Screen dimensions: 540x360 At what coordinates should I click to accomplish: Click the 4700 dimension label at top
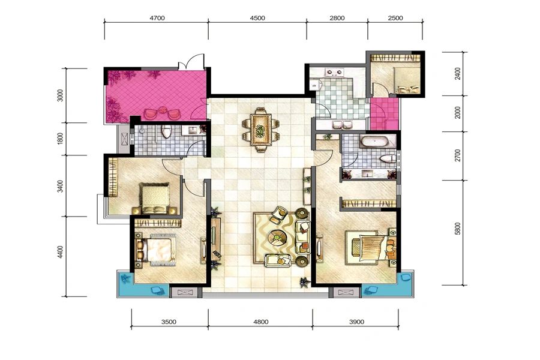(157, 18)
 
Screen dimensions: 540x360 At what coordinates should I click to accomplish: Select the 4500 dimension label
(257, 18)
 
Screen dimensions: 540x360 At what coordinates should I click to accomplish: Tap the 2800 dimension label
(337, 18)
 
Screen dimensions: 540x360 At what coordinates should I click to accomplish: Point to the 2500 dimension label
(395, 18)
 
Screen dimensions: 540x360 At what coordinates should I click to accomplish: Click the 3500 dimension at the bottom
(169, 322)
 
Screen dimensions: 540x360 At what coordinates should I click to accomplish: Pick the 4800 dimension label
(261, 322)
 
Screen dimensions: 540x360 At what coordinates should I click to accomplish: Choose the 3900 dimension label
(356, 322)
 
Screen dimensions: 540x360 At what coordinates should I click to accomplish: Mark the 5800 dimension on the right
(457, 229)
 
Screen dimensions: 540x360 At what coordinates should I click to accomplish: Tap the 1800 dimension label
(60, 139)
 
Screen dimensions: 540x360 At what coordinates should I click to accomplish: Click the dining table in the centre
(261, 130)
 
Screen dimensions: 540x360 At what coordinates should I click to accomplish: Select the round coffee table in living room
(278, 236)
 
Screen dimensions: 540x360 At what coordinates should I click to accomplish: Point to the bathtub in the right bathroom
(374, 142)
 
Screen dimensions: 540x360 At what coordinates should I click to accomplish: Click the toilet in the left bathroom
(167, 131)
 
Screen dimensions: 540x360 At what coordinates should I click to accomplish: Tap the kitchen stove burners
(334, 73)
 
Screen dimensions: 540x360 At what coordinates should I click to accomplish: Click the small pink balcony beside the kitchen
(385, 113)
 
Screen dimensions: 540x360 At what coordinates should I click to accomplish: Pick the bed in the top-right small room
(407, 80)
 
